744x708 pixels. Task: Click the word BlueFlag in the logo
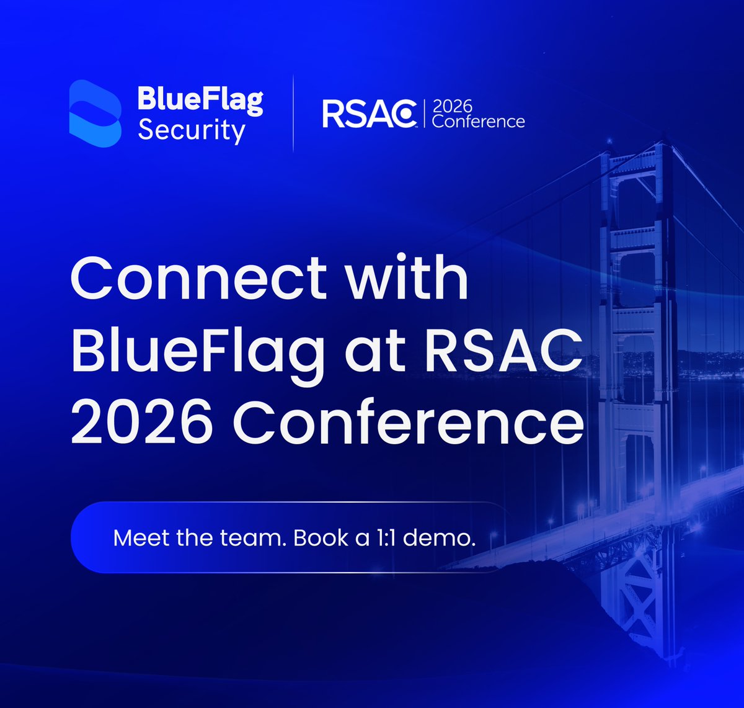pyautogui.click(x=200, y=101)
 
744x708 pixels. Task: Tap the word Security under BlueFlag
pyautogui.click(x=191, y=132)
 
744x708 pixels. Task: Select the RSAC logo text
pyautogui.click(x=369, y=115)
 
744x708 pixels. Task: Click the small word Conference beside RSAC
pyautogui.click(x=478, y=121)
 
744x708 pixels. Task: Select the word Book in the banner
pyautogui.click(x=320, y=537)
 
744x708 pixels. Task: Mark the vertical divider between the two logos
pyautogui.click(x=293, y=113)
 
